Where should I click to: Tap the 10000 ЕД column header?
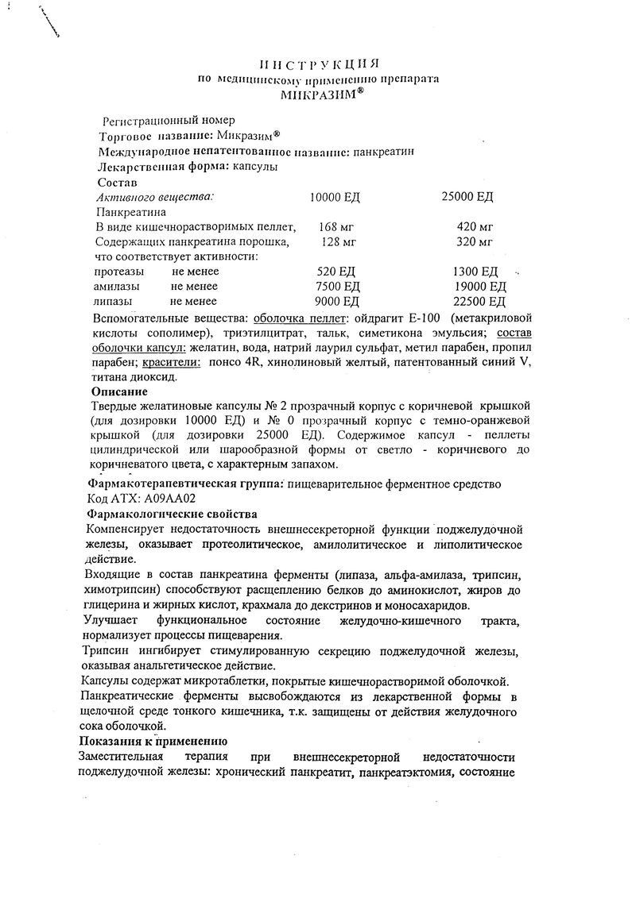click(336, 196)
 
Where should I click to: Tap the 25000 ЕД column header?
click(467, 196)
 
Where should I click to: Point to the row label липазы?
click(114, 301)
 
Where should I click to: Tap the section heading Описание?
click(119, 391)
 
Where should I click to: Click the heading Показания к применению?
click(153, 741)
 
